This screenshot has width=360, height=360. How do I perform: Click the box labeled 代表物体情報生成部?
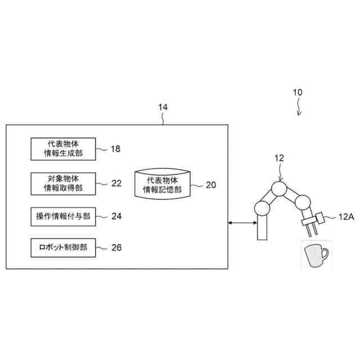pyautogui.click(x=63, y=147)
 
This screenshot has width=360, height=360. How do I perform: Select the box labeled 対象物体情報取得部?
pyautogui.click(x=63, y=183)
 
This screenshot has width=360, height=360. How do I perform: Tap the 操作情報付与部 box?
pyautogui.click(x=63, y=215)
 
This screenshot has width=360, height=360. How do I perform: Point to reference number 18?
pyautogui.click(x=115, y=149)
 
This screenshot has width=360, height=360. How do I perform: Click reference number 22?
pyautogui.click(x=116, y=183)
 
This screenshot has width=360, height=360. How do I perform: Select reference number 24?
pyautogui.click(x=116, y=215)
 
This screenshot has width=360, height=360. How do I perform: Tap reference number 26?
pyautogui.click(x=116, y=246)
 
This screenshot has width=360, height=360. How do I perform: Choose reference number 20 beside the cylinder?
pyautogui.click(x=210, y=184)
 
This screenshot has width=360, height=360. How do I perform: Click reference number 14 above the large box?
pyautogui.click(x=163, y=106)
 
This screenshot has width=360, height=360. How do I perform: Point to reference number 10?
pyautogui.click(x=298, y=92)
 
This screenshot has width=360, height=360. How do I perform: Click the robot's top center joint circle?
pyautogui.click(x=278, y=188)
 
